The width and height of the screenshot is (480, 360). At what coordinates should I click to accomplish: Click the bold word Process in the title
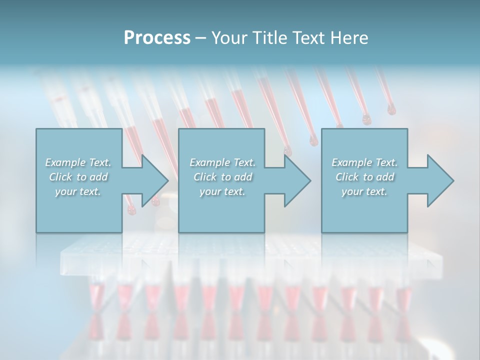(157, 38)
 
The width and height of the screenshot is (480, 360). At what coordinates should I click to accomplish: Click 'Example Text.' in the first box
(78, 162)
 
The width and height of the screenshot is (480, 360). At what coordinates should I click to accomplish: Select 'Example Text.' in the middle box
(222, 162)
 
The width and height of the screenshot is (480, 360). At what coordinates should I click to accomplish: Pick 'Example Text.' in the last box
(364, 162)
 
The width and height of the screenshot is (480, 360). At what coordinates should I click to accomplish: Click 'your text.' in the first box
(78, 191)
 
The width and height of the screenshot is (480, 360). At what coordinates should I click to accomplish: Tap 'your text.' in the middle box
(222, 191)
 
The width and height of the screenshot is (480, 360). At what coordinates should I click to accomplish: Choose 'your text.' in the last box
(364, 191)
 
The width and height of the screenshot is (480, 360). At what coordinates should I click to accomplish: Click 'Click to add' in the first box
(78, 177)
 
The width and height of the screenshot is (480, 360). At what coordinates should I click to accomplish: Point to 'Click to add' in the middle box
(222, 177)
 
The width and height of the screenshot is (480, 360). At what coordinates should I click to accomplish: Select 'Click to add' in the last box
(364, 177)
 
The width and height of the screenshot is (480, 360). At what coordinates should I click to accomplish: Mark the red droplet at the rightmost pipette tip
(391, 110)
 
